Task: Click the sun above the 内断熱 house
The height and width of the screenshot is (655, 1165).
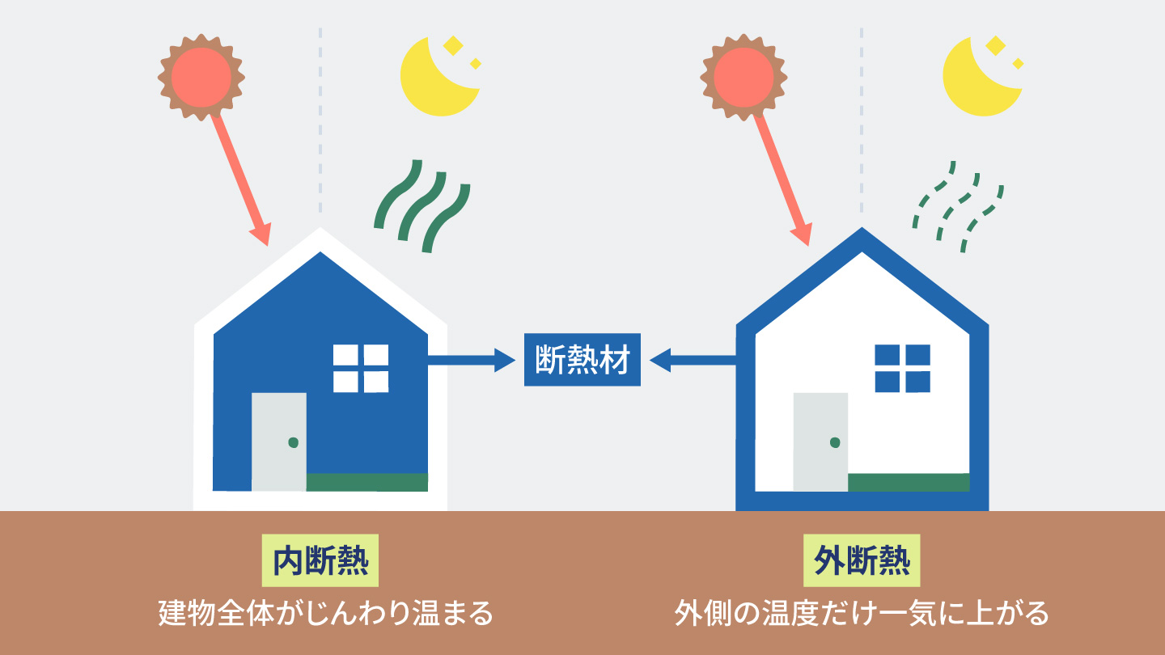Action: [x=201, y=78]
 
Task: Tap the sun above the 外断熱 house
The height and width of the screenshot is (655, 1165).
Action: [x=743, y=78]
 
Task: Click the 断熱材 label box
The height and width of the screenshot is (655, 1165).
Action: [x=582, y=360]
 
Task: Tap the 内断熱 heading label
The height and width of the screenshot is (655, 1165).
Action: [x=320, y=560]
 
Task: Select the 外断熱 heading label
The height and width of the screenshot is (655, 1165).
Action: [x=862, y=560]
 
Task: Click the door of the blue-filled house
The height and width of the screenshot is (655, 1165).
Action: [x=279, y=442]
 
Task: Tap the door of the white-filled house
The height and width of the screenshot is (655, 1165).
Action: [x=820, y=442]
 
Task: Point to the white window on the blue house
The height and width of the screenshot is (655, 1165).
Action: [x=361, y=369]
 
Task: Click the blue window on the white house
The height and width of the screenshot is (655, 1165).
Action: [x=902, y=369]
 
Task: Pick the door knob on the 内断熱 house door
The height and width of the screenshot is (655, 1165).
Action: [x=294, y=442]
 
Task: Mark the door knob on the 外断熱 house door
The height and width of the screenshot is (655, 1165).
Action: [x=835, y=442]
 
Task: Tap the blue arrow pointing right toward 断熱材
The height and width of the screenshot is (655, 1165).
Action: [x=471, y=361]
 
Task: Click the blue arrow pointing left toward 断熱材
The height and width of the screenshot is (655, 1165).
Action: [x=693, y=361]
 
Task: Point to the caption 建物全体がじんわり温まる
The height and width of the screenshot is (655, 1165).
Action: [x=325, y=614]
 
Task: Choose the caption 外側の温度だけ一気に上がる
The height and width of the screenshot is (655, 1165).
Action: [x=862, y=614]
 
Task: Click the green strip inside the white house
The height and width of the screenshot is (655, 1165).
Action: [x=909, y=483]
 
